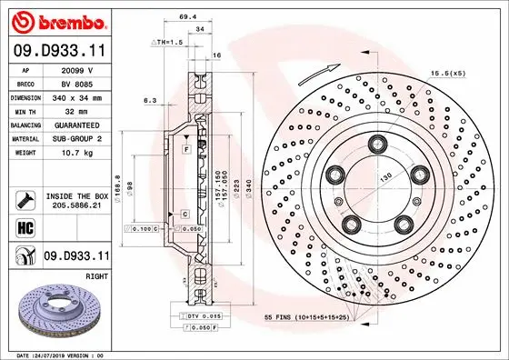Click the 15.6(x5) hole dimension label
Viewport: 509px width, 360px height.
[472, 74]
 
